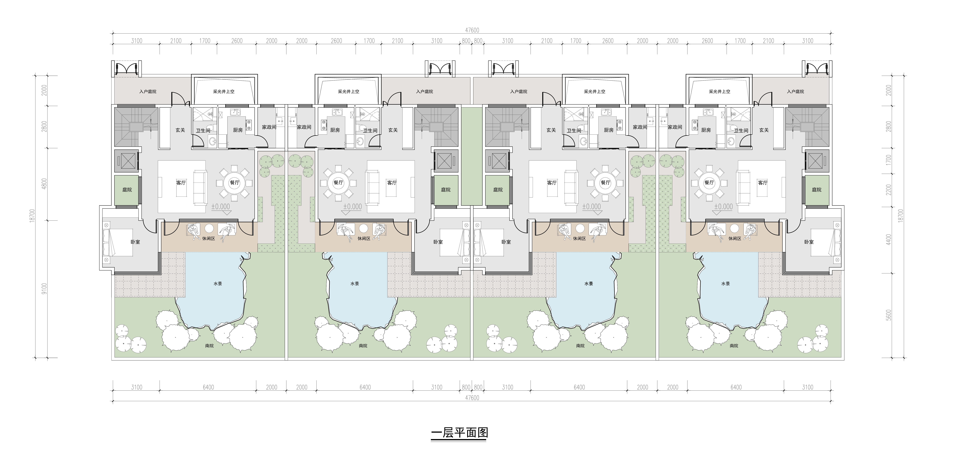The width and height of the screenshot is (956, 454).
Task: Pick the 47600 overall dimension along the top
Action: point(472,30)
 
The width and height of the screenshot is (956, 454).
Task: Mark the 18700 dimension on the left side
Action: point(32,216)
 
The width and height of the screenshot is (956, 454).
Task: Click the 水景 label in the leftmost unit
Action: point(218,284)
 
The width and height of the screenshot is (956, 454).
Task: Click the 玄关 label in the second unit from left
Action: point(393,130)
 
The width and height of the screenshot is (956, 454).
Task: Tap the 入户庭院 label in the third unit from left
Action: point(518,91)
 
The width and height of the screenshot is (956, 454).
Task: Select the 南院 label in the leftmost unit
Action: point(209,346)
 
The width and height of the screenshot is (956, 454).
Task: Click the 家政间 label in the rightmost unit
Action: point(675,127)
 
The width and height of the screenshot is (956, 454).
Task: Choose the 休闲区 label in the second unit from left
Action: point(364,238)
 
